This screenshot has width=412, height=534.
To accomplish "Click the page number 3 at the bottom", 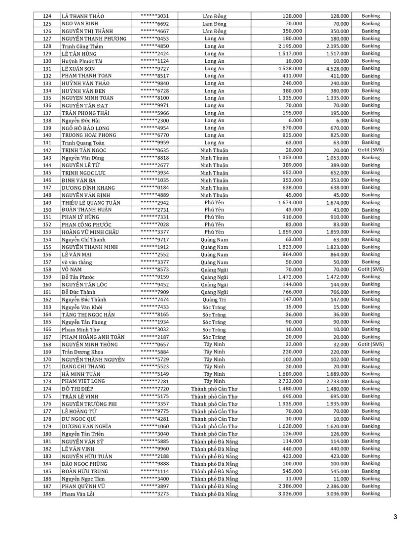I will pyautogui.click(x=395, y=517).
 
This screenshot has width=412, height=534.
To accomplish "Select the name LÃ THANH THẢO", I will pyautogui.click(x=82, y=16).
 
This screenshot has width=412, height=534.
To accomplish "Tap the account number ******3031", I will pyautogui.click(x=154, y=16).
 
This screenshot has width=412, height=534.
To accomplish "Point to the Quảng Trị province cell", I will pyautogui.click(x=214, y=300).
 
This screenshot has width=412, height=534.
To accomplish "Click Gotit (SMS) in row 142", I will pyautogui.click(x=371, y=150).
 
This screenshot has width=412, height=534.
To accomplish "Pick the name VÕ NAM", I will pyautogui.click(x=71, y=269).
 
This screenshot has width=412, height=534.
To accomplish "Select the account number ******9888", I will pyautogui.click(x=154, y=463).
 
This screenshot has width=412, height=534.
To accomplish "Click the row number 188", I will pyautogui.click(x=47, y=493).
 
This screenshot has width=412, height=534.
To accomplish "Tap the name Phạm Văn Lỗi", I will pyautogui.click(x=77, y=493).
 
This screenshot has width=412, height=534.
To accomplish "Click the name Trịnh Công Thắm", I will pyautogui.click(x=82, y=46).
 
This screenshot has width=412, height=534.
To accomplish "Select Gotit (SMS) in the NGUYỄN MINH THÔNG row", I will pyautogui.click(x=371, y=344).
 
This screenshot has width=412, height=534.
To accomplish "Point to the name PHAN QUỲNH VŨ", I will pyautogui.click(x=83, y=486).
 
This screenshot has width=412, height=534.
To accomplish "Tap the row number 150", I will pyautogui.click(x=47, y=210).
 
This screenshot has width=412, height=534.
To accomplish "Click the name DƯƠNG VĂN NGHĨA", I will pyautogui.click(x=86, y=426).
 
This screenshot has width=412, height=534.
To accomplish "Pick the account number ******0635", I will pyautogui.click(x=154, y=150).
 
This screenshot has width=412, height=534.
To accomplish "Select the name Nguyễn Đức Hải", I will pyautogui.click(x=81, y=121).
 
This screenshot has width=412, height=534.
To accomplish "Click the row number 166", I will pyautogui.click(x=47, y=329).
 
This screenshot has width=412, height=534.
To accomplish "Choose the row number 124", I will pyautogui.click(x=47, y=16).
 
